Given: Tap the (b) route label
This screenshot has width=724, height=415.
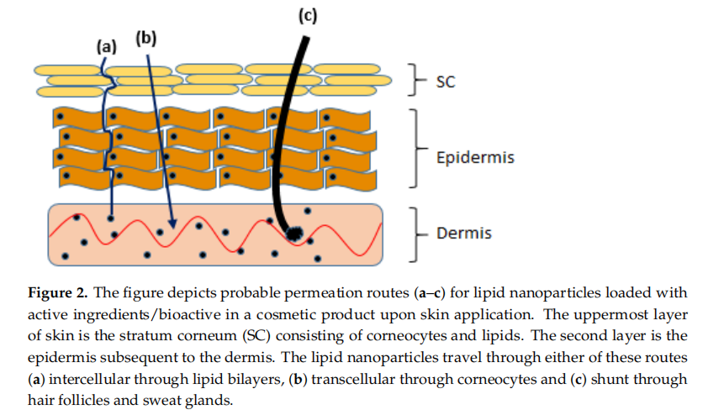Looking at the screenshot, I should [x=145, y=38].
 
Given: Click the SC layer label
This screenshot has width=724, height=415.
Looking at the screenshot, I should [x=446, y=81].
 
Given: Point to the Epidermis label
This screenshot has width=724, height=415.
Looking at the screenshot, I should [x=475, y=157].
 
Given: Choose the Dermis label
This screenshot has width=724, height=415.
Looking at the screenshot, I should [x=463, y=232].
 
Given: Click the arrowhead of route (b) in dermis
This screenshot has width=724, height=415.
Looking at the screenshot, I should [x=172, y=224].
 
